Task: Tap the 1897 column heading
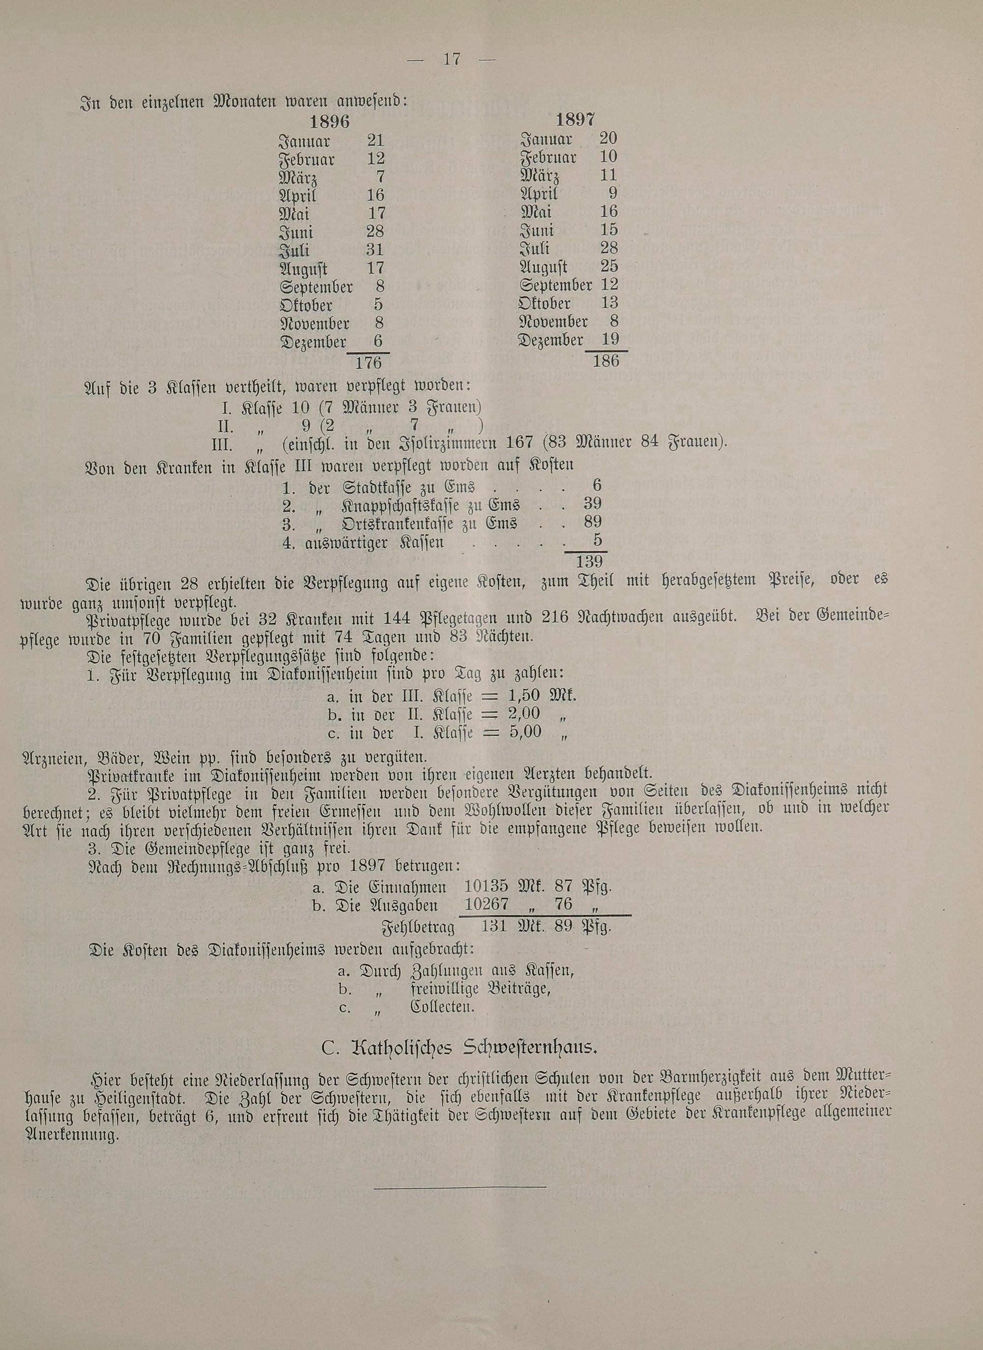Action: pyautogui.click(x=575, y=119)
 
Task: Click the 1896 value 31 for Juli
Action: pyautogui.click(x=375, y=249)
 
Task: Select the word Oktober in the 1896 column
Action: pyautogui.click(x=306, y=305)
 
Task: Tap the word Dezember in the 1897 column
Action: pyautogui.click(x=550, y=341)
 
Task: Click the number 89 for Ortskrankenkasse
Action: pyautogui.click(x=593, y=522)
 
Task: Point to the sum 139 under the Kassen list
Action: pyautogui.click(x=589, y=561)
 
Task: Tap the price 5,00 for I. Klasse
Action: pyautogui.click(x=525, y=732)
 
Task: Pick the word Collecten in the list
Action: pyautogui.click(x=442, y=1008)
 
